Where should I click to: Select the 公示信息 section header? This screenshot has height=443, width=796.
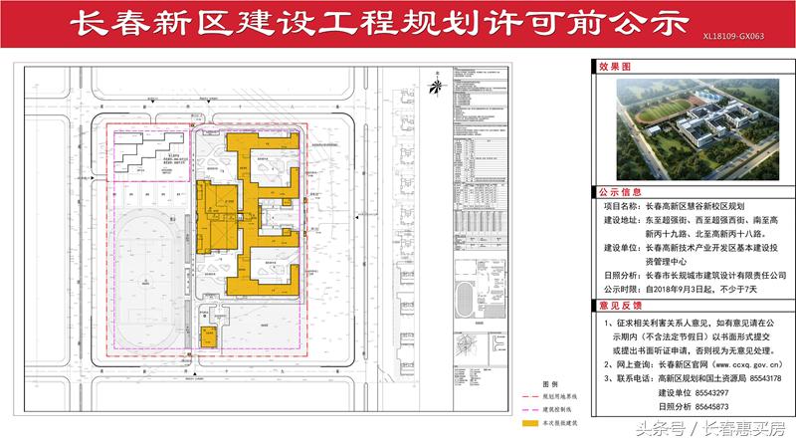620,190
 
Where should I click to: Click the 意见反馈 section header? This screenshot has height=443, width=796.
620,307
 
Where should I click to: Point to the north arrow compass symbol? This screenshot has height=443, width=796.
434,83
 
